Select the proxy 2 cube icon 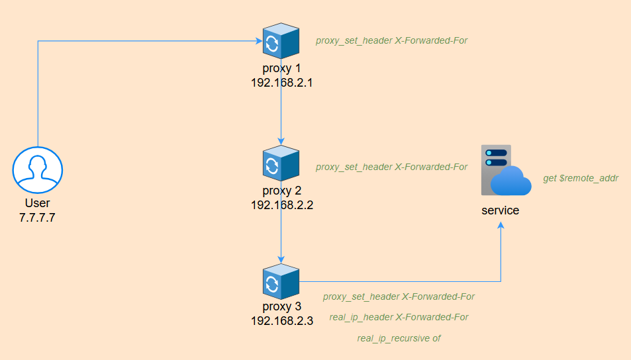(281, 164)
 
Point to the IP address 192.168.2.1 (281, 83)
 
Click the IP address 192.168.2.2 (281, 205)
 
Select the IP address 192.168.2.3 (281, 320)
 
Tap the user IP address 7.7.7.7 (37, 217)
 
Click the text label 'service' (501, 210)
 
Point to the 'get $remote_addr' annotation (581, 178)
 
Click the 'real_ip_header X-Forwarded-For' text (399, 317)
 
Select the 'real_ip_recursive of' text (399, 338)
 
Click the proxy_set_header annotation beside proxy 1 (391, 41)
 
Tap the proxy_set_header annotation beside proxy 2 (391, 167)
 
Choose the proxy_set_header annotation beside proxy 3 (399, 296)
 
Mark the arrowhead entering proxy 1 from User (260, 42)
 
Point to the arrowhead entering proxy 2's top (281, 142)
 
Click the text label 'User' (37, 203)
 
